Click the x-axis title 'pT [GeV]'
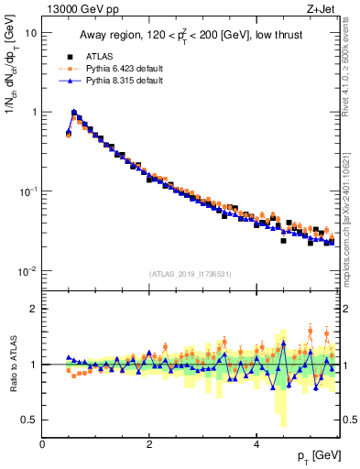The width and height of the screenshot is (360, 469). (x=314, y=456)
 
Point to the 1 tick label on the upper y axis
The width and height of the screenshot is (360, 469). (x=33, y=112)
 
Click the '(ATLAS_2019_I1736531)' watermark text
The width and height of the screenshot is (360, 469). (x=190, y=275)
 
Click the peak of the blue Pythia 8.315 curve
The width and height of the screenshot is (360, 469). (x=74, y=114)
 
